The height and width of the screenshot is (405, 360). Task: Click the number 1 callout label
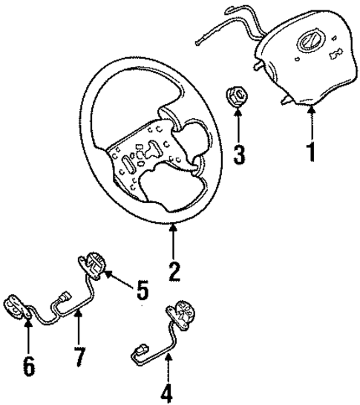312,152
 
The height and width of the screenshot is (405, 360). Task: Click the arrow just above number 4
168,364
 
